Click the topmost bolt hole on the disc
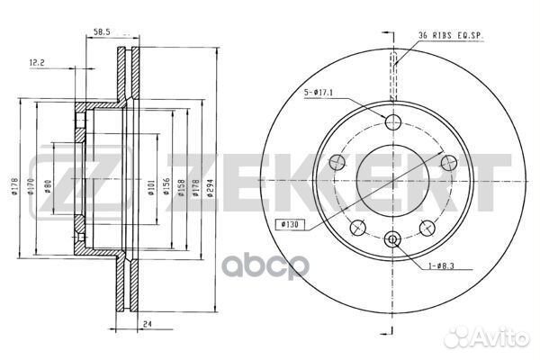pos(391,123)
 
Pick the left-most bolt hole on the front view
pos(338,162)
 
